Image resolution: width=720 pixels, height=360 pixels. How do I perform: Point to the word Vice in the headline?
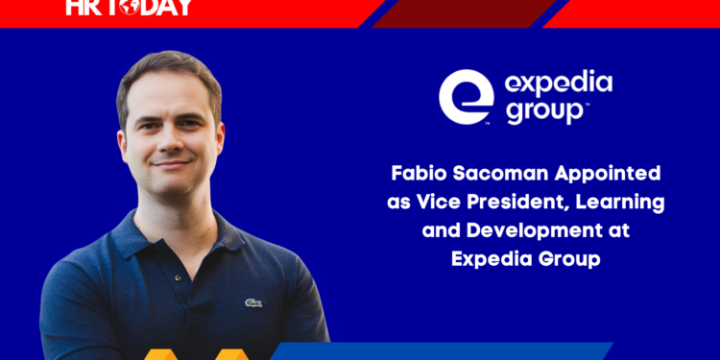point(459,204)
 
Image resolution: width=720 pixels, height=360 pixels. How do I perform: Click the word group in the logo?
point(540,111)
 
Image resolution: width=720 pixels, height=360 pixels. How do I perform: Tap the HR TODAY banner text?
point(131,7)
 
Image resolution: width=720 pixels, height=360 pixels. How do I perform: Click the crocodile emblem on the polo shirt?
point(253,303)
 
